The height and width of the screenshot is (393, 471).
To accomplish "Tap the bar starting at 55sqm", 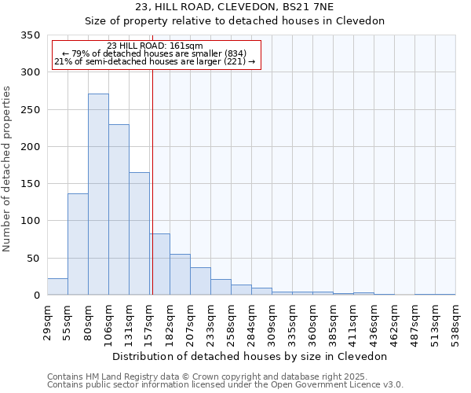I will pos(78,244).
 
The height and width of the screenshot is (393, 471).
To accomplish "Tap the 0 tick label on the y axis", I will pos(36,296).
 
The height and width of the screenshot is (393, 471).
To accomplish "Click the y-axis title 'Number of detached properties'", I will pos(7,169).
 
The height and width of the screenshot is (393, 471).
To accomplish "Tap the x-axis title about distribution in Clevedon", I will pos(250,356).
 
